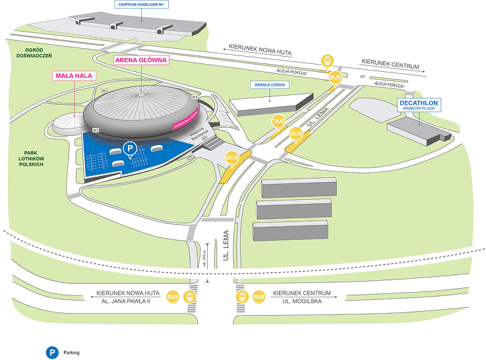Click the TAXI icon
[x=278, y=121]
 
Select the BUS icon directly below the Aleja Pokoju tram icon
[x=335, y=77]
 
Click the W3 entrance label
[x=104, y=91]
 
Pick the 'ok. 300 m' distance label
[x=206, y=259]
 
